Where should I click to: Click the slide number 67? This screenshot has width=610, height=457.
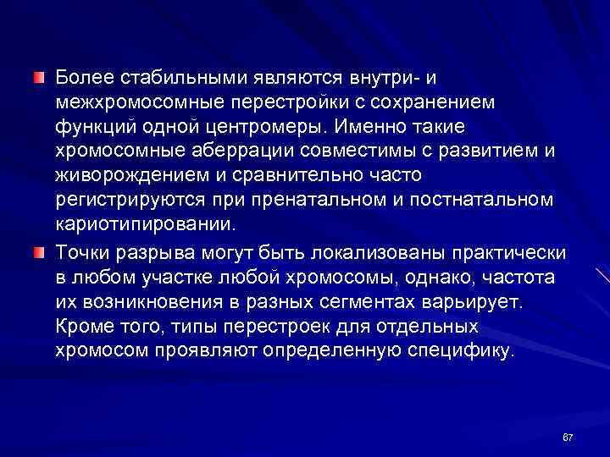click(x=568, y=437)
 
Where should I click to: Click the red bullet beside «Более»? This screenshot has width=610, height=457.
click(x=38, y=79)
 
